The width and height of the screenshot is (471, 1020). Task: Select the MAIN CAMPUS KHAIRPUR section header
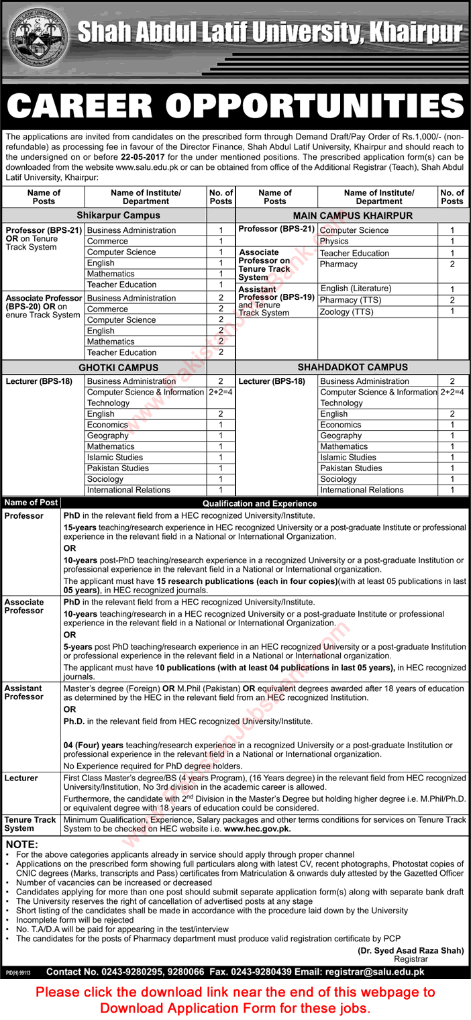tap(352, 215)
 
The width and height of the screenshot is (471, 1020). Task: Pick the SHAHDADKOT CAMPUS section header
tap(352, 368)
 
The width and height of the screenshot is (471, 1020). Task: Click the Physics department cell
tap(334, 242)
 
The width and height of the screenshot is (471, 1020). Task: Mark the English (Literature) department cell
tap(356, 289)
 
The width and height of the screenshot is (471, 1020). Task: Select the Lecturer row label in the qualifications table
tap(21, 778)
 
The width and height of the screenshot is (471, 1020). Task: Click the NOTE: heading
tap(22, 844)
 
